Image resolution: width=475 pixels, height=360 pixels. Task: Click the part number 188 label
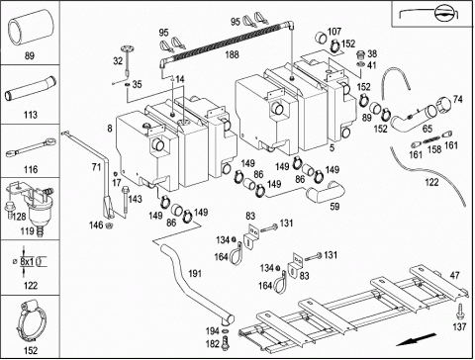tap(232, 54)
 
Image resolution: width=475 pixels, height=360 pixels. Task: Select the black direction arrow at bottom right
tap(416, 340)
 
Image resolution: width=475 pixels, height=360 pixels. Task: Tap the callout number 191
tap(194, 273)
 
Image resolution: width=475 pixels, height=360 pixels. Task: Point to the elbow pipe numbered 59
tap(326, 191)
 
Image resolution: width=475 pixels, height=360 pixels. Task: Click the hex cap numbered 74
tap(443, 105)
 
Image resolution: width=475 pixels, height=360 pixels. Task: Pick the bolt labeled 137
tap(459, 311)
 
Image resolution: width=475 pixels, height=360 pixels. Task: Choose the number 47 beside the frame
tap(454, 275)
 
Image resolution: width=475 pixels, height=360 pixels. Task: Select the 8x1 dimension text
tap(27, 262)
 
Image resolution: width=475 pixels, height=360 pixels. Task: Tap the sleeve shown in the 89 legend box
tap(31, 27)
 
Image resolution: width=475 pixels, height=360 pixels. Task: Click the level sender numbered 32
tap(127, 59)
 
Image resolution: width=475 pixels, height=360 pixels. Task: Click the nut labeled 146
tap(108, 225)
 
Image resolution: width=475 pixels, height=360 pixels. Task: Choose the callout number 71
tap(96, 167)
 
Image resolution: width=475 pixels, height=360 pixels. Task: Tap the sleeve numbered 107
tap(322, 37)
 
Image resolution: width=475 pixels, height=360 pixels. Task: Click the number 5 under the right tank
tap(332, 147)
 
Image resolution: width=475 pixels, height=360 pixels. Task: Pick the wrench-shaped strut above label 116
tap(31, 147)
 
